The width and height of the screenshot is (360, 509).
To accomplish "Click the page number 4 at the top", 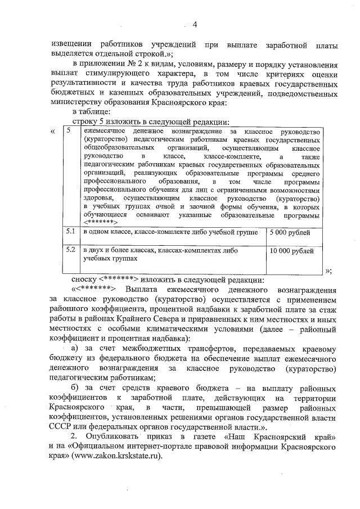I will [x=195, y=24].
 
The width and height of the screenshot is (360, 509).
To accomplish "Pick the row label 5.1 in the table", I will [x=70, y=232].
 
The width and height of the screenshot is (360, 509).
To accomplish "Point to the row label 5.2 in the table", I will [x=70, y=250].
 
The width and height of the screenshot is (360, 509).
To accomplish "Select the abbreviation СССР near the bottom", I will [x=61, y=426].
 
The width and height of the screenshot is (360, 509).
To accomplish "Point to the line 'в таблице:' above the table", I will [x=93, y=113].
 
